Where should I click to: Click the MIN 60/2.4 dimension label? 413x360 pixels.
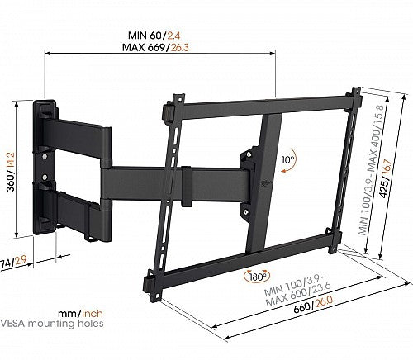point(154,36)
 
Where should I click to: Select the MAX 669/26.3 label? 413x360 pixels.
point(155,47)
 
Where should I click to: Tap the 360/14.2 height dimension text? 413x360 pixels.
point(12,172)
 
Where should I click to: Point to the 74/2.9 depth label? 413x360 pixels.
point(13,262)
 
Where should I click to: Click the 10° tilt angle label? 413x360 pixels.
point(288,159)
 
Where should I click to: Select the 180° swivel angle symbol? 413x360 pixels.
point(257,277)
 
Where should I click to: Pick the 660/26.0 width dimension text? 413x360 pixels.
point(313,304)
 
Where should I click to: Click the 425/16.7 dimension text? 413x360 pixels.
point(386,178)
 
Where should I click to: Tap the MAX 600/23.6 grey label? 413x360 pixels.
point(298,294)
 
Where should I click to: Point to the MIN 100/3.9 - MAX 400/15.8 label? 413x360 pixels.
point(372,170)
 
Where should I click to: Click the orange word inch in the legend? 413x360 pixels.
point(93,313)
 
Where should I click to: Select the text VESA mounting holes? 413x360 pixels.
point(52,323)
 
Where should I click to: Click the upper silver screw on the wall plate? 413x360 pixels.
point(45,157)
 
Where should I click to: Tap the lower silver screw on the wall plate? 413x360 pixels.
point(45,176)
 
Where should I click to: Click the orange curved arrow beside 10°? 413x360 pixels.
point(292,161)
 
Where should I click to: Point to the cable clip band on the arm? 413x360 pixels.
point(187,187)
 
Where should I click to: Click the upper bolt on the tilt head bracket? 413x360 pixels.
point(249,154)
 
